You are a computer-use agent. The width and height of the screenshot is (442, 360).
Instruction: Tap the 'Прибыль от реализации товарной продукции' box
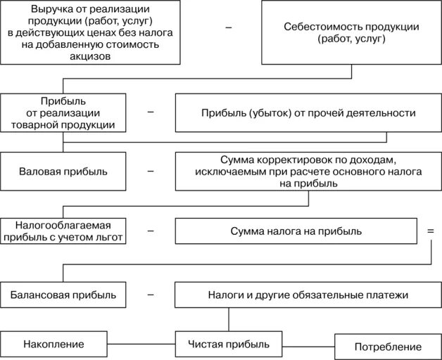coord(63,112)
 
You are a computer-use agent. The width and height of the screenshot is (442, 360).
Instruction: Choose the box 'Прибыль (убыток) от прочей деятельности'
coord(308,112)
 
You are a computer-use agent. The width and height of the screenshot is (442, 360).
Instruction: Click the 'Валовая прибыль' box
coord(63,171)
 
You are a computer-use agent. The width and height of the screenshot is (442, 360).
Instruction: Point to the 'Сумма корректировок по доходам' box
coord(308,171)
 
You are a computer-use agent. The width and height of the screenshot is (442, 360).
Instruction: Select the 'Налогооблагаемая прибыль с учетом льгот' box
coord(63,231)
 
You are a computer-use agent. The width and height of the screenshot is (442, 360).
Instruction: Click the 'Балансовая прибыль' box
coord(63,295)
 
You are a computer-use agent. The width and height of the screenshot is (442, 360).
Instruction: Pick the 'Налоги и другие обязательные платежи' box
coord(308,295)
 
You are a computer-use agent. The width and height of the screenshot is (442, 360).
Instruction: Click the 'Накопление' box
coord(53,344)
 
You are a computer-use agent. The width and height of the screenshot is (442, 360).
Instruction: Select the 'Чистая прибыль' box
coord(229,344)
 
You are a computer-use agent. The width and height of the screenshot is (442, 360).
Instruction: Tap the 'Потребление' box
coord(388,347)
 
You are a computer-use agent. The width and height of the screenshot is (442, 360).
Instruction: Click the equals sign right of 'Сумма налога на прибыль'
coord(431,230)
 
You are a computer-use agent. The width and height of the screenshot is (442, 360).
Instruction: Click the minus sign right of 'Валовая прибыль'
coord(151,171)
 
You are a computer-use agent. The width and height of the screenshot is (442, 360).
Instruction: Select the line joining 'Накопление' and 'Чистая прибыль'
coord(140,344)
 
